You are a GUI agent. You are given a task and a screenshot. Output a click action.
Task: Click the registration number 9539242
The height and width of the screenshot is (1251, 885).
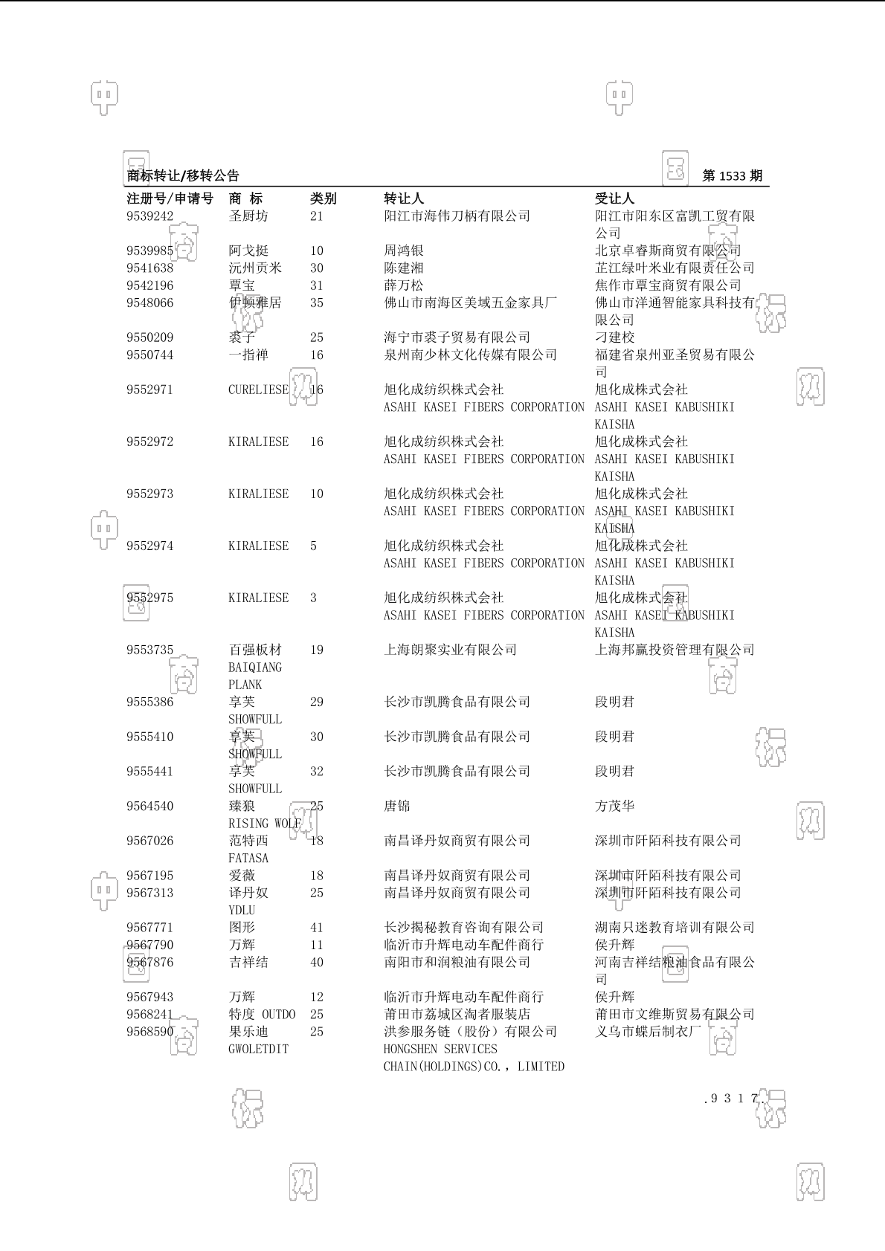[149, 216]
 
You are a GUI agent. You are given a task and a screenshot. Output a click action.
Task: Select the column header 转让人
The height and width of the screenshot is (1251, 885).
[403, 198]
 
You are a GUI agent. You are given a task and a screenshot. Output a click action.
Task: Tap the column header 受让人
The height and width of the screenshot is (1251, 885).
[614, 198]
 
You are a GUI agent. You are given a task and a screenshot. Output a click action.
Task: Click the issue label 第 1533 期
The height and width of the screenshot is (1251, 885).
[732, 176]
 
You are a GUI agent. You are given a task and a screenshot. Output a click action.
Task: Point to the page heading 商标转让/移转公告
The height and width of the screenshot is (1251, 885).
[183, 176]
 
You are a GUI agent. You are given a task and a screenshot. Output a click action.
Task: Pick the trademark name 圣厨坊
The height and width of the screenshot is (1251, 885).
[248, 216]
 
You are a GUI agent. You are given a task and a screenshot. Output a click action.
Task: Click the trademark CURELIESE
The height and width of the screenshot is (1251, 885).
[258, 389]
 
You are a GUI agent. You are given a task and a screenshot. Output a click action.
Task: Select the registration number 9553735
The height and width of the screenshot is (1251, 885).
[149, 650]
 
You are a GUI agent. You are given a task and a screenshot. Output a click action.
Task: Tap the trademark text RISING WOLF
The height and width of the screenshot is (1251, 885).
[264, 824]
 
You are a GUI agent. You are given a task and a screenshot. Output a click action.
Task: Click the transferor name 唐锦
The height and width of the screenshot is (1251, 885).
[396, 806]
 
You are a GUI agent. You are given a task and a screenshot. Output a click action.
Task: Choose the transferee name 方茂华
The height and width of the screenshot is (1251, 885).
[614, 806]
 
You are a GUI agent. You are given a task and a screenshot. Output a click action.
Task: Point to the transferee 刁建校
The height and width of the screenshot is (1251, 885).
[614, 337]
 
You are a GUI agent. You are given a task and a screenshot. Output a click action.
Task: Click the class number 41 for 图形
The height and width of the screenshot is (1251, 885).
[317, 928]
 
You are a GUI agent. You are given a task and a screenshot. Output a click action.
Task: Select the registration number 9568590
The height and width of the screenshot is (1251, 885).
[149, 1032]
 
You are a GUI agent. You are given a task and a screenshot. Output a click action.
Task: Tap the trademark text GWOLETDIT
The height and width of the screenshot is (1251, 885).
[258, 1049]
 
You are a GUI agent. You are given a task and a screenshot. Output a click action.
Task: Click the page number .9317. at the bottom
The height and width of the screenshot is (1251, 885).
[734, 1099]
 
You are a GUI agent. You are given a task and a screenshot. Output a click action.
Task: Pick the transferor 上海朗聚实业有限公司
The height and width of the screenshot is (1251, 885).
[450, 650]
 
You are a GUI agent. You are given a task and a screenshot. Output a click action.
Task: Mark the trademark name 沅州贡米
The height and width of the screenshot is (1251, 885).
[255, 268]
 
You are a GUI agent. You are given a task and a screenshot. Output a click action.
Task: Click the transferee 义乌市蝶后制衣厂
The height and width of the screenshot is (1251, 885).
[648, 1032]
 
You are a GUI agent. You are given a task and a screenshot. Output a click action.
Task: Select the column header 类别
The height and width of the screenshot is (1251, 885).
[323, 198]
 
